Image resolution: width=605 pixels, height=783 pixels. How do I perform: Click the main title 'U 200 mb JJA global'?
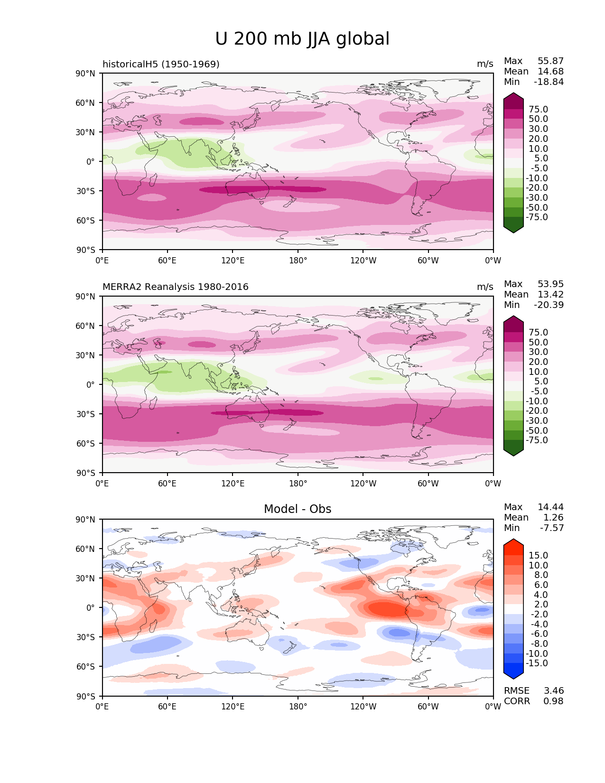(x=302, y=39)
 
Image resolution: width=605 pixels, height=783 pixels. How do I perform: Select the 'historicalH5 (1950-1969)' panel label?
(x=161, y=64)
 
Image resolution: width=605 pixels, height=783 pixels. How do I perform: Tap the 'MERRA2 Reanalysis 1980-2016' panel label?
(x=176, y=287)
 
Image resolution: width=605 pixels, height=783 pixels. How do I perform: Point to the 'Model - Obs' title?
(x=298, y=509)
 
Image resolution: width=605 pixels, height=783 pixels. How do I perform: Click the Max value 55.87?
(x=550, y=61)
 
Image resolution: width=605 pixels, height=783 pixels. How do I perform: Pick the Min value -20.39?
(x=549, y=305)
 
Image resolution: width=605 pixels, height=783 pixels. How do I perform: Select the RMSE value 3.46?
(x=553, y=691)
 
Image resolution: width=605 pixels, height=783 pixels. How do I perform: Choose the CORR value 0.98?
(x=553, y=701)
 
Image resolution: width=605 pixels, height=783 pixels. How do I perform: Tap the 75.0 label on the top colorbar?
(x=538, y=110)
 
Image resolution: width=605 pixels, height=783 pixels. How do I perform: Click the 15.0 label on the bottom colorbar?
(x=538, y=556)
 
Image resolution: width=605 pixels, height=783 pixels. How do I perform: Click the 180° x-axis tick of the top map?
(x=298, y=261)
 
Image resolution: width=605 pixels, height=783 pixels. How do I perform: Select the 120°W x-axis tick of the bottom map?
(x=363, y=707)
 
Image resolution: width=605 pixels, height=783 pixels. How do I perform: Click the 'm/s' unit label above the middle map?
(x=485, y=287)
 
